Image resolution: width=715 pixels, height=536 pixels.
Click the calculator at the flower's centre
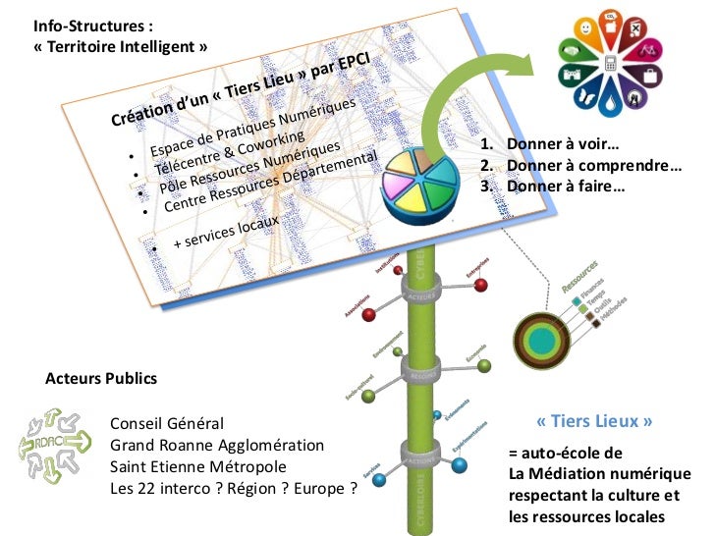[x=612, y=64]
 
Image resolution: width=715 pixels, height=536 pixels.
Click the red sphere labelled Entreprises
[x=480, y=286]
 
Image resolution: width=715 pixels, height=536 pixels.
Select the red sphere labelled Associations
[x=369, y=314]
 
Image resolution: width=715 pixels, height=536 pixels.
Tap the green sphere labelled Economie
[x=482, y=366]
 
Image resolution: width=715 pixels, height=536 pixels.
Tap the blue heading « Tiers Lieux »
[x=595, y=422]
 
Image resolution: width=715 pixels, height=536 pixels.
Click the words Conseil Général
[x=167, y=424]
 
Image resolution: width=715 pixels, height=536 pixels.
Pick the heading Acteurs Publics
[x=101, y=378]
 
